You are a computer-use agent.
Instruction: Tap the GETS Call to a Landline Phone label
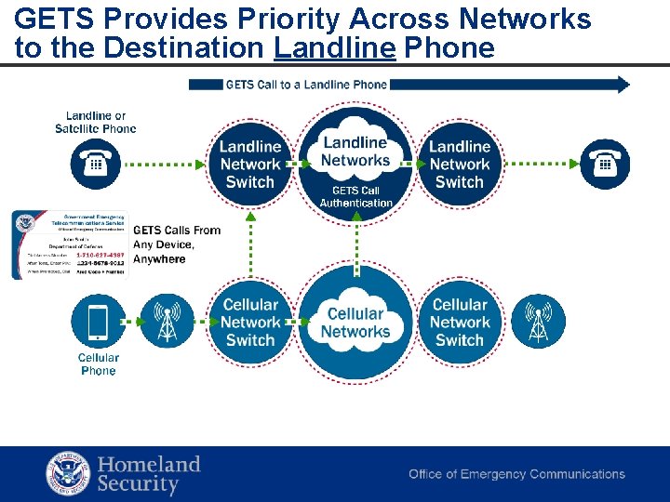pyautogui.click(x=306, y=85)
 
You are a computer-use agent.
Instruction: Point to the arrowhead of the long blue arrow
pyautogui.click(x=623, y=85)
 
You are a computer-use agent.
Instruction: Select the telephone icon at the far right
pyautogui.click(x=605, y=165)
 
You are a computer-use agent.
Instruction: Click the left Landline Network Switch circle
pyautogui.click(x=249, y=165)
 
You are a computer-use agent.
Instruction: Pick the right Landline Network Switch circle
pyautogui.click(x=460, y=165)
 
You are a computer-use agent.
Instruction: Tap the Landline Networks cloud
pyautogui.click(x=355, y=152)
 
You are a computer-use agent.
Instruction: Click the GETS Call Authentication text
pyautogui.click(x=355, y=196)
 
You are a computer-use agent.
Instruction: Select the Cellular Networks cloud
pyautogui.click(x=355, y=323)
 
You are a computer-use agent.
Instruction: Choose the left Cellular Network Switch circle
pyautogui.click(x=249, y=323)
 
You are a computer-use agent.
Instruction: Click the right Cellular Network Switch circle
pyautogui.click(x=460, y=323)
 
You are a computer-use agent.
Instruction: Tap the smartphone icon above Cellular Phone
pyautogui.click(x=97, y=322)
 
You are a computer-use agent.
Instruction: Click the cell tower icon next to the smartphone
pyautogui.click(x=167, y=322)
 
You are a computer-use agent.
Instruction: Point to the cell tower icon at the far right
pyautogui.click(x=538, y=322)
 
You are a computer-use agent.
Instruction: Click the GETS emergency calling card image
pyautogui.click(x=69, y=244)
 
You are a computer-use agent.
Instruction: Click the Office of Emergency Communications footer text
pyautogui.click(x=516, y=474)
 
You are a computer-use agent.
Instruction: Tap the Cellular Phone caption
pyautogui.click(x=98, y=363)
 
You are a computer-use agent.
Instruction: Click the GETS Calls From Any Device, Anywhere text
pyautogui.click(x=177, y=244)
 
